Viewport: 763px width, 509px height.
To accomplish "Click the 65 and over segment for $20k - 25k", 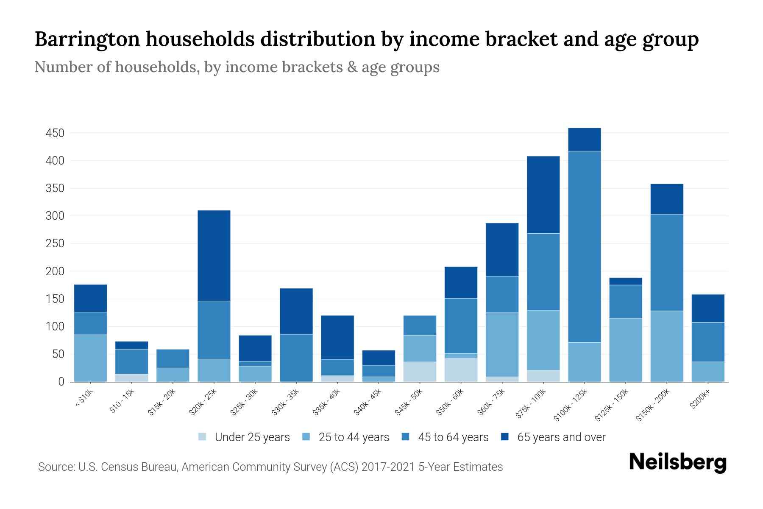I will point(214,255).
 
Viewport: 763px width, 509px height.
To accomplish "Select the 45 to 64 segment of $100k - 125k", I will point(585,246).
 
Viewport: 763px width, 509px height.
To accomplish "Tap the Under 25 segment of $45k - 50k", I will point(420,372).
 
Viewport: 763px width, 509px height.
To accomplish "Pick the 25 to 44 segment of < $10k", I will point(90,358).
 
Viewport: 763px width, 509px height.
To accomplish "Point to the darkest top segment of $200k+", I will point(708,308).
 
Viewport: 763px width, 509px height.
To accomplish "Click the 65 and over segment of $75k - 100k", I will point(543,195).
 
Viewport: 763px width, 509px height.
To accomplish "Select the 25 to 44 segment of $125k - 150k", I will point(626,350).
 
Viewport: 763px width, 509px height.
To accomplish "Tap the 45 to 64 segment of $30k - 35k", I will point(296,358).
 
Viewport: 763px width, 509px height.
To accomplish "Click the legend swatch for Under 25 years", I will point(203,437).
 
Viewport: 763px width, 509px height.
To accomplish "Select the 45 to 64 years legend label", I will point(453,437).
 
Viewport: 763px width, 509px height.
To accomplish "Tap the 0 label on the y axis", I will point(61,382).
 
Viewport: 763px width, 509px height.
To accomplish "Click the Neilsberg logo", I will point(677,462).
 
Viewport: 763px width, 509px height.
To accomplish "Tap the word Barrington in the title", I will point(86,39).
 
